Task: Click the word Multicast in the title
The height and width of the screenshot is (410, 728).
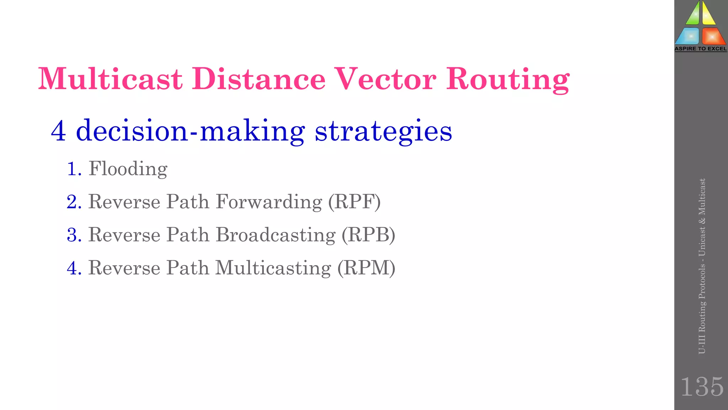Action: click(x=110, y=79)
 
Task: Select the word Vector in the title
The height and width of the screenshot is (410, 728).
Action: click(x=386, y=79)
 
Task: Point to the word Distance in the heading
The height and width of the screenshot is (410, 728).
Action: click(x=259, y=79)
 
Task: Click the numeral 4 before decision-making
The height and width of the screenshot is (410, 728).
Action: click(x=58, y=131)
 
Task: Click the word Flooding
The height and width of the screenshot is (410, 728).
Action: click(x=128, y=169)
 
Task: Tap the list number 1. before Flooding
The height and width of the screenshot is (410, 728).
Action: click(x=74, y=169)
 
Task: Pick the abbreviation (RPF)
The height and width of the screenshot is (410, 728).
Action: click(x=354, y=202)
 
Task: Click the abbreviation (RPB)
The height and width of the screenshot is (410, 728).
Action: click(x=368, y=235)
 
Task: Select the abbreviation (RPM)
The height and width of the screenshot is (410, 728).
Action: click(x=366, y=268)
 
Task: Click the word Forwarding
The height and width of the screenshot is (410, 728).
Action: click(x=269, y=202)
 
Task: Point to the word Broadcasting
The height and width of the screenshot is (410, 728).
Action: click(x=275, y=235)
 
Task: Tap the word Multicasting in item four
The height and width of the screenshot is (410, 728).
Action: click(x=273, y=268)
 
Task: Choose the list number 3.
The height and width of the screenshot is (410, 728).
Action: click(x=74, y=235)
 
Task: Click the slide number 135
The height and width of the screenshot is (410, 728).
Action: click(x=702, y=387)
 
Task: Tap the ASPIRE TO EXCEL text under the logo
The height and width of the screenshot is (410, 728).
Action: click(x=701, y=49)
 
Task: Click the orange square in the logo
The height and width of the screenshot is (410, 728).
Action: click(x=712, y=36)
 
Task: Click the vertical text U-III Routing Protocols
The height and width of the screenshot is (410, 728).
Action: click(x=702, y=310)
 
